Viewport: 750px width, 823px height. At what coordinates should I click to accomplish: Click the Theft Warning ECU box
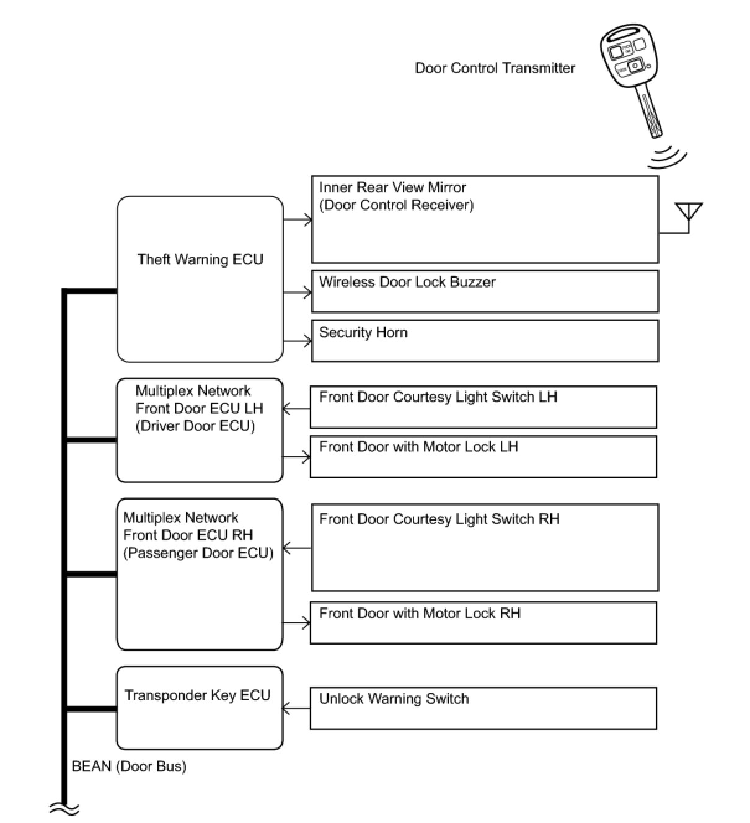[x=200, y=279]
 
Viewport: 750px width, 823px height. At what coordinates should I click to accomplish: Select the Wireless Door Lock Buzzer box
[x=484, y=291]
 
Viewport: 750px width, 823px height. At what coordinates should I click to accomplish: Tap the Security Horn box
[x=484, y=340]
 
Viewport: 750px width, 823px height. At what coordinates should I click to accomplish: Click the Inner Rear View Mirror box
[x=484, y=219]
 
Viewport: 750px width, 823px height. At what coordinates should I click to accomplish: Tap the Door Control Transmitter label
[x=495, y=68]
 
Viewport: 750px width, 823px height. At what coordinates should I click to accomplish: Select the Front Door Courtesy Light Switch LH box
[x=483, y=407]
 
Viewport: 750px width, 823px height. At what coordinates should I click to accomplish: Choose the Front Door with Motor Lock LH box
[x=483, y=457]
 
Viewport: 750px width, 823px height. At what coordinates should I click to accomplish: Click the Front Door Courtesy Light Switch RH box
[x=484, y=547]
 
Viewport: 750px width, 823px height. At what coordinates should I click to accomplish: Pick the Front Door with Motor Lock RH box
[x=483, y=622]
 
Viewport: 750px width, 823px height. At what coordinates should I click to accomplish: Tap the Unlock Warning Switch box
[x=483, y=708]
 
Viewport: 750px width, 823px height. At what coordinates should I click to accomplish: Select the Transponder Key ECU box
[x=200, y=708]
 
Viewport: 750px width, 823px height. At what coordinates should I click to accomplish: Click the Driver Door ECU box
[x=200, y=430]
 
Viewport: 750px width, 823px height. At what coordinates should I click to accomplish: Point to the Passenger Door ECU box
[x=200, y=574]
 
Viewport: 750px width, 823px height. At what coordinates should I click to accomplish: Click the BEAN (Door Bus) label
[x=129, y=766]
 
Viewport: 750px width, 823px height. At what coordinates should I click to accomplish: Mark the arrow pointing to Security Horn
[x=298, y=341]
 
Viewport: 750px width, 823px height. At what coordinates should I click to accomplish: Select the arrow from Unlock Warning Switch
[x=296, y=708]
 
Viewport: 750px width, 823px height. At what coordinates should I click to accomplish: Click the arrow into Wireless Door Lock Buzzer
[x=298, y=292]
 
